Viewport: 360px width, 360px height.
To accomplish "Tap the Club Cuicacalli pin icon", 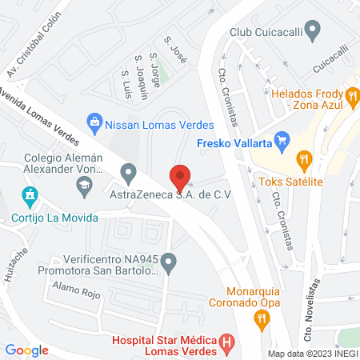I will pyautogui.click(x=313, y=32).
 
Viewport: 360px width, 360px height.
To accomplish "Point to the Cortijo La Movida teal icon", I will pyautogui.click(x=30, y=195).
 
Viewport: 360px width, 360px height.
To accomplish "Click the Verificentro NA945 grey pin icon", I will pyautogui.click(x=168, y=262).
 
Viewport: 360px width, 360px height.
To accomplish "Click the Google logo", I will pyautogui.click(x=26, y=350).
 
